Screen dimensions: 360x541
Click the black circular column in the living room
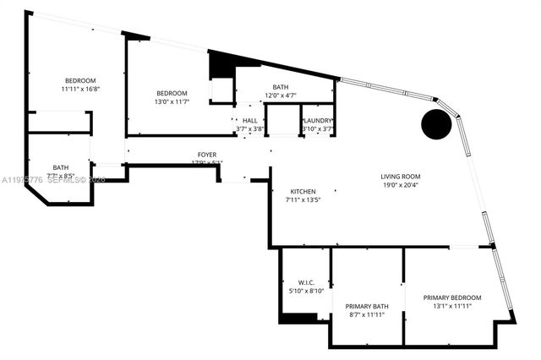(436, 125)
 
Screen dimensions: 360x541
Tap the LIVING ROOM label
(400, 176)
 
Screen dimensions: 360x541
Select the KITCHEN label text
(303, 191)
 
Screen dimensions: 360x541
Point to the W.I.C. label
(306, 282)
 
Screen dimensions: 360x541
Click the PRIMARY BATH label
(367, 306)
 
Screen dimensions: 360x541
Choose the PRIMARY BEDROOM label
(452, 297)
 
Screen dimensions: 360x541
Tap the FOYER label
(207, 155)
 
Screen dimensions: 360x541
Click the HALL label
(249, 121)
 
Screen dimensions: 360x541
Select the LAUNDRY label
(318, 121)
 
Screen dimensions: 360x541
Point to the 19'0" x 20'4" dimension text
(400, 185)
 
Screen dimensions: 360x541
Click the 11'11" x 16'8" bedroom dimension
(80, 89)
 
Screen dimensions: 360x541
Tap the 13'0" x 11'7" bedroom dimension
(171, 101)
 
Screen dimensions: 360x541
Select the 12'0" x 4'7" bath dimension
(280, 95)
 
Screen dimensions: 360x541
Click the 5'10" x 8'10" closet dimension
(306, 292)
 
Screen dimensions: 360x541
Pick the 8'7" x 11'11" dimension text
(367, 314)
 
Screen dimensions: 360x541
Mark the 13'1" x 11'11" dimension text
(452, 307)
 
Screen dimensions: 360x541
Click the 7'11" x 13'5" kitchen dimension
(303, 200)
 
